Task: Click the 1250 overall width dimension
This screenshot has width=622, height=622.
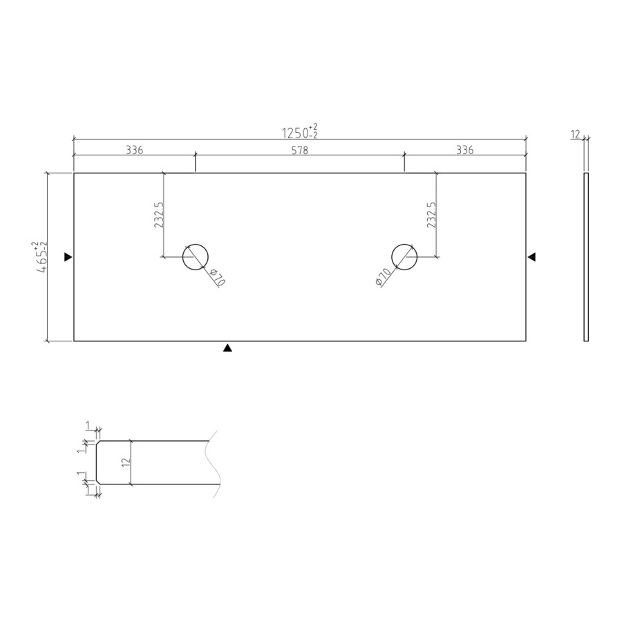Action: point(299,132)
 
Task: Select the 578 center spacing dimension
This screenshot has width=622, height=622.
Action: point(299,150)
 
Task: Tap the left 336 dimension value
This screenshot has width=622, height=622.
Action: point(134,150)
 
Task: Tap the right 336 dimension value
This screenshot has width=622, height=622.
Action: point(464,150)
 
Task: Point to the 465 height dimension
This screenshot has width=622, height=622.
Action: point(41,258)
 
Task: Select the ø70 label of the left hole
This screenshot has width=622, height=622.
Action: point(218,277)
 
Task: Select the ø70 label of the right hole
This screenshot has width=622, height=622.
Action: point(383,276)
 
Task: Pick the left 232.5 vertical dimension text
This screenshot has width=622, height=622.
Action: point(159,215)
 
